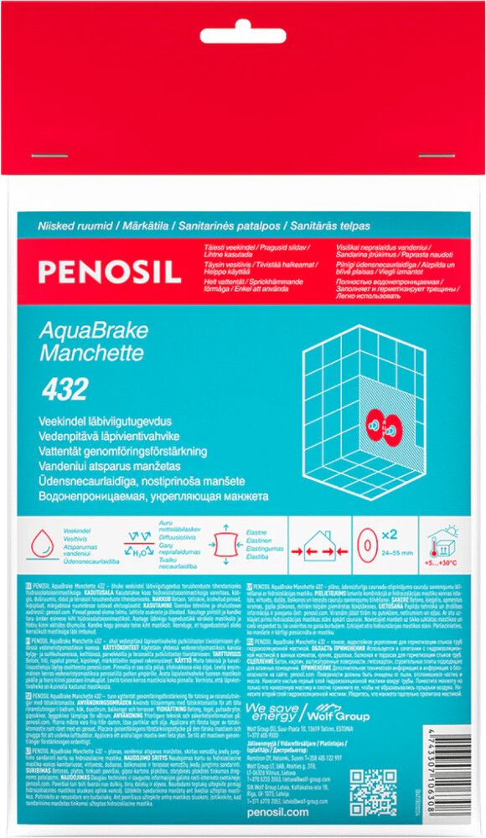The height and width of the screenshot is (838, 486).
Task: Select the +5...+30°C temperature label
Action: click(x=443, y=560)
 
